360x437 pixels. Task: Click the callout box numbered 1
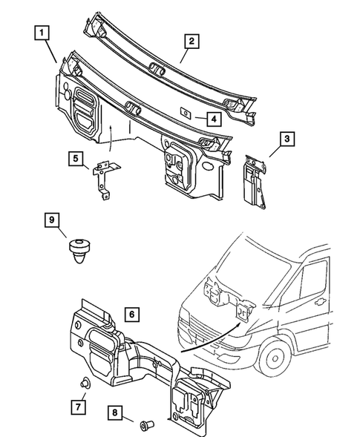(x=42, y=33)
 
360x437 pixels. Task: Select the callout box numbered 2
(x=191, y=42)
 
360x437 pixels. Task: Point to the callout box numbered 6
(x=129, y=315)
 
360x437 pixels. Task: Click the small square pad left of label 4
(x=186, y=113)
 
